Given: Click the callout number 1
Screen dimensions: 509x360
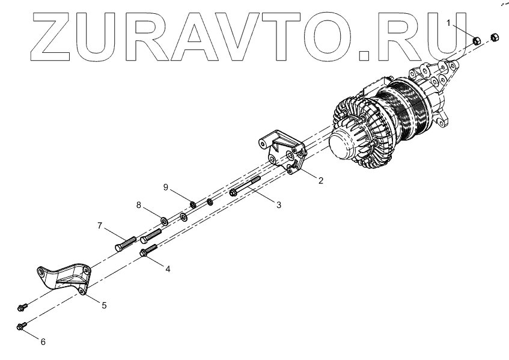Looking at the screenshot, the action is point(449,22).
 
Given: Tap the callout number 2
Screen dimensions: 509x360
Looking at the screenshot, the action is point(321,180).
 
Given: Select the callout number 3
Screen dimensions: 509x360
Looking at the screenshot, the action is point(278,206).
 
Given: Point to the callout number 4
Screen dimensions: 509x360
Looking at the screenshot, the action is point(168,269).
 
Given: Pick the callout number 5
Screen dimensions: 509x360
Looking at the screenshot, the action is point(104,305).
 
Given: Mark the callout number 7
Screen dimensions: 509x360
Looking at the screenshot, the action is point(100,226).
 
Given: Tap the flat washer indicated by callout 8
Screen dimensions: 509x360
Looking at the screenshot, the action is point(163,215).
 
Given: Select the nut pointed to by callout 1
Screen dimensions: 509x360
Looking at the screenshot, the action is point(475,41).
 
